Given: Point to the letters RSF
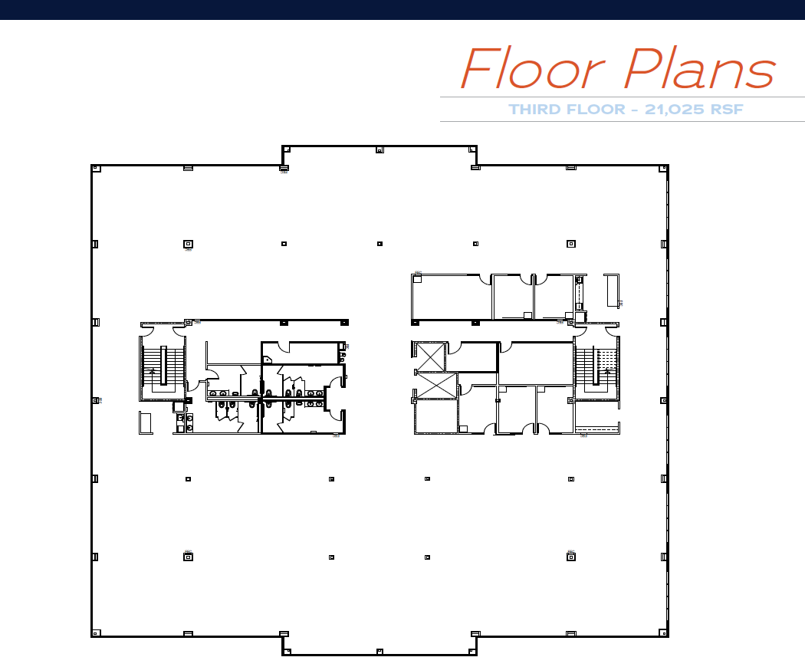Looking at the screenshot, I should (727, 110).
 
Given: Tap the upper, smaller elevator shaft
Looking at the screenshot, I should (430, 356).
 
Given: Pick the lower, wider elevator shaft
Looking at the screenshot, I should (435, 386).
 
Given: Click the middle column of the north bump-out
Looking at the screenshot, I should (379, 150).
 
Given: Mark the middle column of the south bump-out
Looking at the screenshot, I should (379, 652).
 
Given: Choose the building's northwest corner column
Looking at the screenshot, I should (96, 168).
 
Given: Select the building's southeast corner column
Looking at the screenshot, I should (664, 633).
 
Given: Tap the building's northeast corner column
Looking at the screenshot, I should (664, 168).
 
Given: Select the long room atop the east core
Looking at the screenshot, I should (452, 297).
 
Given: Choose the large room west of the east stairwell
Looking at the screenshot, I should (536, 363).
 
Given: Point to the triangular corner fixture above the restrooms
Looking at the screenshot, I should (267, 359).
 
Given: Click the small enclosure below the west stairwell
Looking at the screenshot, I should (145, 422).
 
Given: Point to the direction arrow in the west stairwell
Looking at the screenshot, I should (152, 373).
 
